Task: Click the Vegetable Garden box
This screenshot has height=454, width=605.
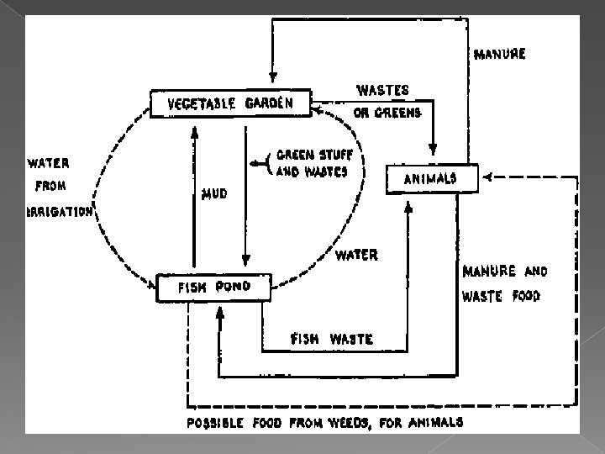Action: pos(230,104)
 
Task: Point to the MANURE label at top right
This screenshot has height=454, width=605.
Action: pos(500,55)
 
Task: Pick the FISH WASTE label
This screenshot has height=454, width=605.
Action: pos(332,339)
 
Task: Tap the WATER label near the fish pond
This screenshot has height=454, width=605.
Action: pos(357,254)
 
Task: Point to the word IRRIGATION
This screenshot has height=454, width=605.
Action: pos(59,212)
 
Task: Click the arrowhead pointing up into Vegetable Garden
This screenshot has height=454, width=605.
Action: pos(194,132)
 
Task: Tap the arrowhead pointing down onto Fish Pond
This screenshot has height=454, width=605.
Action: pos(244,261)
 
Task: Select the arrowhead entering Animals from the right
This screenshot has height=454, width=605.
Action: pos(487,177)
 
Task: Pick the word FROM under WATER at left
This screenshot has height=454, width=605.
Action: pos(50,186)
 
